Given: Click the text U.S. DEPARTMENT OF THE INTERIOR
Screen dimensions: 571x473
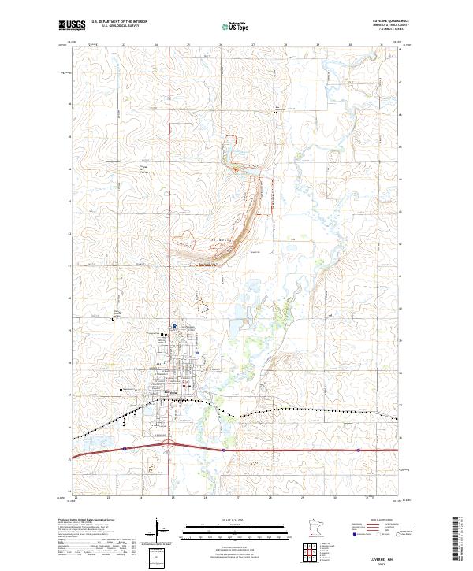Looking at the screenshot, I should point(119,21).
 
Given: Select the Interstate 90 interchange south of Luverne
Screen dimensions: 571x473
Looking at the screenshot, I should point(169,447).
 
